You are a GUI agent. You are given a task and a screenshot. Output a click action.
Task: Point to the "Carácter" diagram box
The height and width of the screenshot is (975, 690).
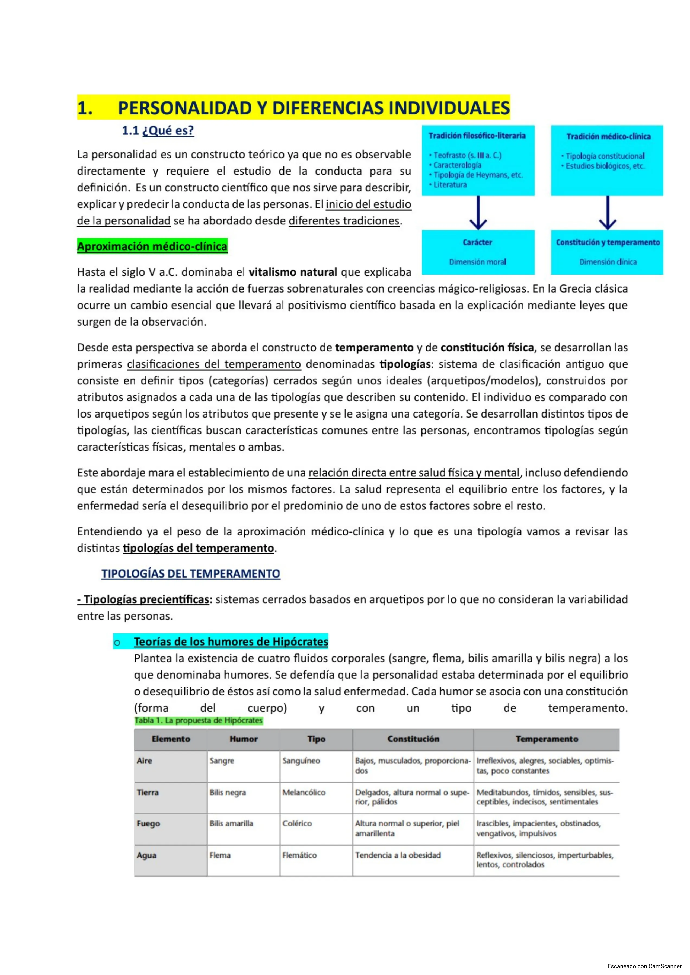coord(478,252)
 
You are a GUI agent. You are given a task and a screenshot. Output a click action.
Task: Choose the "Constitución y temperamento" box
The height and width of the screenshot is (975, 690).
coord(607,252)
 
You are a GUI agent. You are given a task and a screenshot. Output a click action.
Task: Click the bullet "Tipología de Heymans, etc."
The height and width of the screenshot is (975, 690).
coord(478,175)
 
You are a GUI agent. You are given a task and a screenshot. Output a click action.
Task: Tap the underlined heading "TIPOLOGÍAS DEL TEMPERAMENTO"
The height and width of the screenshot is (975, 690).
coord(190,574)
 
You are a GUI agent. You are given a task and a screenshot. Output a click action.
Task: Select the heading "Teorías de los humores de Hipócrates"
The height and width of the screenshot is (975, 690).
coord(231,642)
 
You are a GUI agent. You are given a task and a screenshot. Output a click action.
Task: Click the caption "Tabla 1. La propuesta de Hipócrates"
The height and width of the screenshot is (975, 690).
coord(199,721)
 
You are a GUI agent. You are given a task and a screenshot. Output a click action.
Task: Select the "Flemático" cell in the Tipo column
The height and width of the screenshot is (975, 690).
coord(299,855)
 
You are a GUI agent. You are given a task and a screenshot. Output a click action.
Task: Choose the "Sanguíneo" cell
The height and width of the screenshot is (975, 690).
coord(301,761)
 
